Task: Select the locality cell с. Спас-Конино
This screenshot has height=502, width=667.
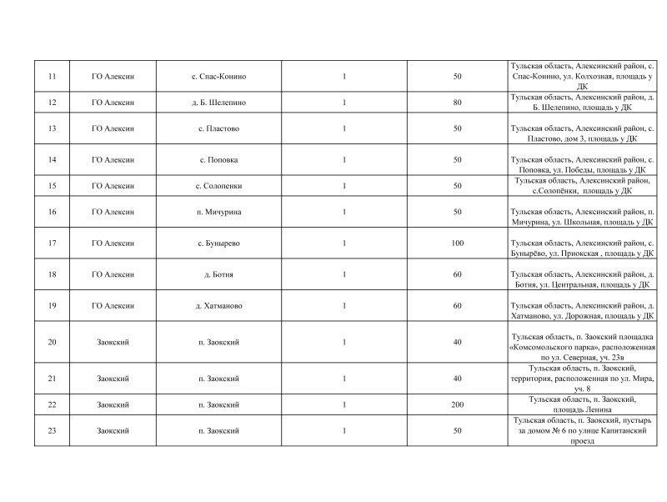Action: [x=219, y=77]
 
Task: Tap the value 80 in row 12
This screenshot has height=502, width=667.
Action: [x=457, y=103]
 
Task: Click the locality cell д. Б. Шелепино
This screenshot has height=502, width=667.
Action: [x=219, y=103]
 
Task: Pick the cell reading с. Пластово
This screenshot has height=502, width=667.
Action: [x=219, y=128]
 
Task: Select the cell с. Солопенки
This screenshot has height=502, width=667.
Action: [x=219, y=185]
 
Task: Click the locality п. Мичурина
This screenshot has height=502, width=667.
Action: [x=219, y=212]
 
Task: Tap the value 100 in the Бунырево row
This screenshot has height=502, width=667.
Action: [x=457, y=243]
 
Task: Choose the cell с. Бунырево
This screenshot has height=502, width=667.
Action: [x=219, y=243]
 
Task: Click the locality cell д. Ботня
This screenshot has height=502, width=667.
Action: [x=219, y=274]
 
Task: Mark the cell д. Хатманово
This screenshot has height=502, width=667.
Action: [x=219, y=306]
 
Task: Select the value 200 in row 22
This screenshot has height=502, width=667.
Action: [x=457, y=404]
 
